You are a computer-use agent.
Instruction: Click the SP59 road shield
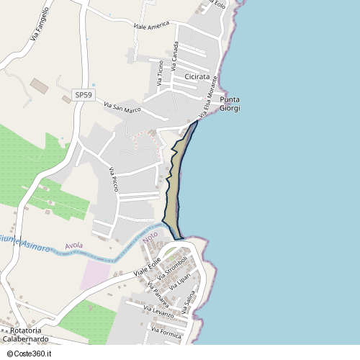point(84,94)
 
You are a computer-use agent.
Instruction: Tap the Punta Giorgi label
point(230,104)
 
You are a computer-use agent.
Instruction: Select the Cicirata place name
point(197,76)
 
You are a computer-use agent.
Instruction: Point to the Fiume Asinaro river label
point(24,243)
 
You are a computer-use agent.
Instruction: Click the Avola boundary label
point(73,246)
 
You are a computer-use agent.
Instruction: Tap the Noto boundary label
point(150,236)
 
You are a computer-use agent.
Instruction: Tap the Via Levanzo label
point(159,312)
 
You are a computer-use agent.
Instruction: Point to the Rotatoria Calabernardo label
point(26,335)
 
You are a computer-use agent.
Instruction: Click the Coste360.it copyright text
point(28,353)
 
